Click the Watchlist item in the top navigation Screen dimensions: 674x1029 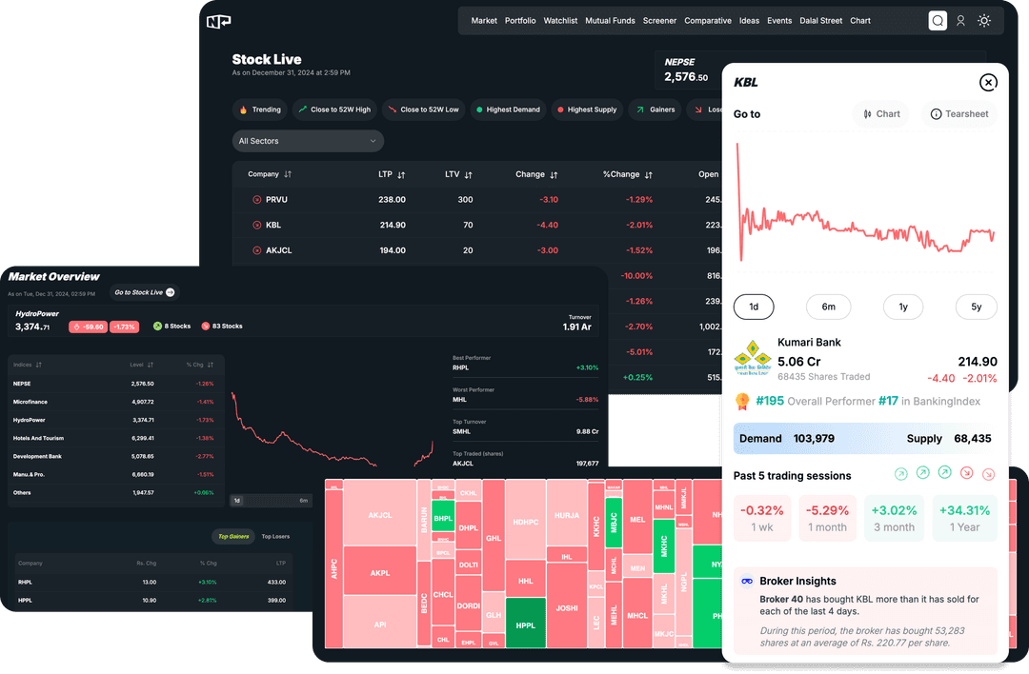[x=560, y=21]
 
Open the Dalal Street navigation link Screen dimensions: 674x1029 [x=820, y=21]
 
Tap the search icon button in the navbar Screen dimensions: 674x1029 [x=938, y=21]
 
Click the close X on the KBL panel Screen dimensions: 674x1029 [x=988, y=83]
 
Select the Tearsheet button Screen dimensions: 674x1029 [x=959, y=114]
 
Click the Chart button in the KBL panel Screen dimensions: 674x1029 [x=881, y=114]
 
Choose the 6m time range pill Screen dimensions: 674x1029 [x=828, y=307]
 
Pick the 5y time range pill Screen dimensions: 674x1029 [x=976, y=307]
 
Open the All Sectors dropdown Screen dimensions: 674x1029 [x=308, y=141]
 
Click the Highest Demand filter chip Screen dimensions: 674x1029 [x=507, y=109]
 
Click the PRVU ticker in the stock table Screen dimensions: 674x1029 [x=276, y=200]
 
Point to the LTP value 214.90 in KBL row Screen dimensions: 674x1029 [x=392, y=226]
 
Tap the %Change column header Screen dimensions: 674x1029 [x=627, y=175]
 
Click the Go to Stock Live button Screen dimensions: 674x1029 [x=144, y=292]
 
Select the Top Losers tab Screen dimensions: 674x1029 [x=275, y=537]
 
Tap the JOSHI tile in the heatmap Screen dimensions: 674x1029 [x=567, y=608]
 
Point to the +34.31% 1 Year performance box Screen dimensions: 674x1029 [x=964, y=518]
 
